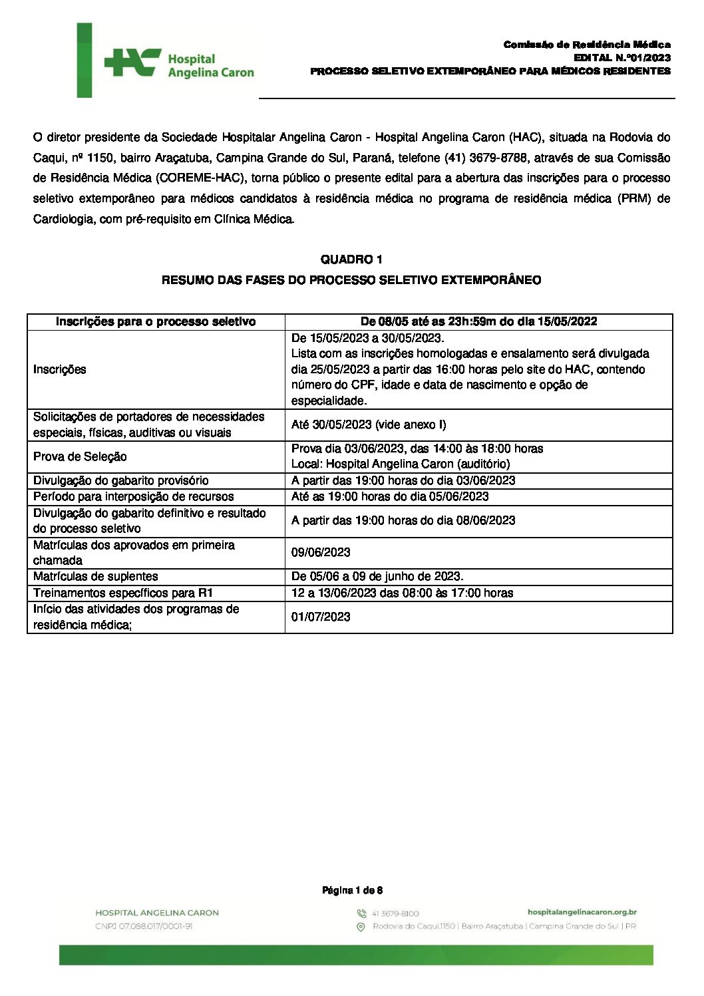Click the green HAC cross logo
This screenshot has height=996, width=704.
pyautogui.click(x=132, y=63)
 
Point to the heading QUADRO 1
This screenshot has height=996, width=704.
pyautogui.click(x=351, y=259)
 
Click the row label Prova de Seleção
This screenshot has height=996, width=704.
pyautogui.click(x=80, y=456)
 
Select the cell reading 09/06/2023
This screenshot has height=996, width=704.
pyautogui.click(x=321, y=552)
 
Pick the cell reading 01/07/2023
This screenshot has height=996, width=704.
pyautogui.click(x=321, y=617)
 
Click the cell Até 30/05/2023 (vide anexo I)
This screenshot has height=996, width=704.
pyautogui.click(x=369, y=424)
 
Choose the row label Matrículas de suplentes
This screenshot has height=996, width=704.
pyautogui.click(x=96, y=576)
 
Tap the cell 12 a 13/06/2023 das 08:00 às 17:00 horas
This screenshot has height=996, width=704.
pyautogui.click(x=402, y=593)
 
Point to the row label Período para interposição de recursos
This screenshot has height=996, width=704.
pyautogui.click(x=134, y=496)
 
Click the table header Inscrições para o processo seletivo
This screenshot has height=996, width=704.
pyautogui.click(x=156, y=321)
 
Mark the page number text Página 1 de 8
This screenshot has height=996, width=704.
pyautogui.click(x=352, y=890)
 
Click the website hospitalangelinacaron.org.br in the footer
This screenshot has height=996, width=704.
pyautogui.click(x=582, y=912)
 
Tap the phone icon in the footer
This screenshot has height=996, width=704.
pyautogui.click(x=361, y=913)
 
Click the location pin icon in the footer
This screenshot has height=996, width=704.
pyautogui.click(x=361, y=927)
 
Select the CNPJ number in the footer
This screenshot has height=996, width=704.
pyautogui.click(x=144, y=926)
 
